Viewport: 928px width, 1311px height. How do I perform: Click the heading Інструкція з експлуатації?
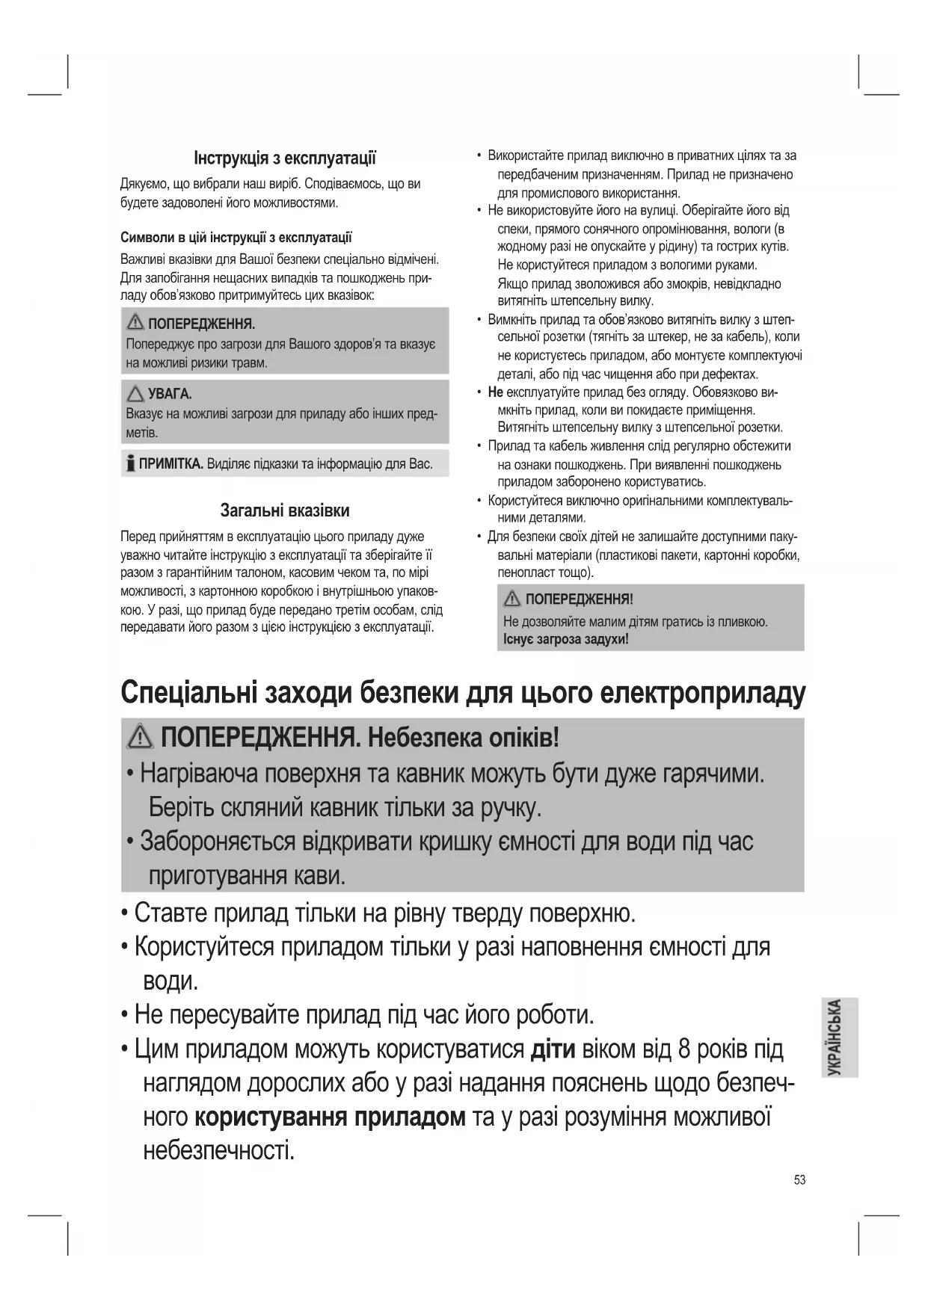(x=284, y=158)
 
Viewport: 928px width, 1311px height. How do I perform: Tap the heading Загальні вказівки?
(x=284, y=511)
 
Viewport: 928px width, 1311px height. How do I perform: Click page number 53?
(x=799, y=1180)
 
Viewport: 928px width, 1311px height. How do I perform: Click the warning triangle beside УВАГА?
(x=135, y=394)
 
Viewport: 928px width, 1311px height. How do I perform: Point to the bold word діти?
(x=552, y=1049)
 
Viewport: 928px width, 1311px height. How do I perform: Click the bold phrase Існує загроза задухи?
(x=566, y=640)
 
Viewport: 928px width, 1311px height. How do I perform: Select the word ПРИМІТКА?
(x=171, y=464)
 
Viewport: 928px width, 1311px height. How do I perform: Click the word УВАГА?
(x=170, y=395)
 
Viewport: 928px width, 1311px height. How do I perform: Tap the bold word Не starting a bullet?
(x=495, y=392)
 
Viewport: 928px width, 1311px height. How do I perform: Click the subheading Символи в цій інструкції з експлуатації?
(x=236, y=238)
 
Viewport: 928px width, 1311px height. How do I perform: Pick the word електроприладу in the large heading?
(x=703, y=694)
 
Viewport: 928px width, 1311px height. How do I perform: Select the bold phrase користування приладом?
(x=330, y=1117)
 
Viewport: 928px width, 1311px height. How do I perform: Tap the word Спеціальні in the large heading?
(x=190, y=694)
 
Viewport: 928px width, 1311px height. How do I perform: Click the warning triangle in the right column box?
(x=512, y=599)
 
